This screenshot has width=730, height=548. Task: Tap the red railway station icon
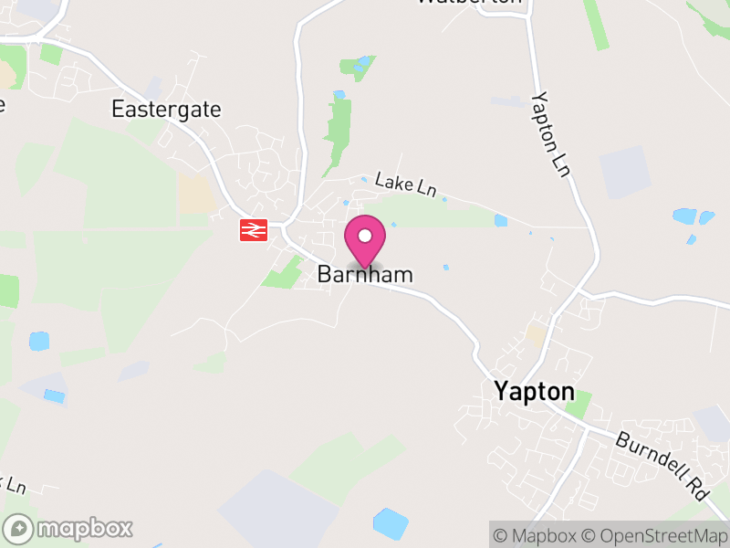(253, 229)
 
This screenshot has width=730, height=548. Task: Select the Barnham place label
(365, 274)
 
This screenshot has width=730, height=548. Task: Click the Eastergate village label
(166, 110)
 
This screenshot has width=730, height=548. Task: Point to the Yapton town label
(535, 391)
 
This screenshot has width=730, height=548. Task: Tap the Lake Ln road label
(406, 184)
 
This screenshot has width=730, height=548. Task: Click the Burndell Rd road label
(662, 465)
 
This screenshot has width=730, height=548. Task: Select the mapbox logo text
(84, 528)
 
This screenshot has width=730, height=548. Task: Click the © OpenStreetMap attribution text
(656, 534)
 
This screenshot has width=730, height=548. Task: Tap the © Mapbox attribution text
(535, 534)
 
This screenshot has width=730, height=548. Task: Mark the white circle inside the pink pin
(365, 236)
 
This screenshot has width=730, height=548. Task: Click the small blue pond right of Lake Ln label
(500, 220)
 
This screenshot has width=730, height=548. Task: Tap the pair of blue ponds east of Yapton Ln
(693, 217)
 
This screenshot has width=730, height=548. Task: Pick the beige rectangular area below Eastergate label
(195, 194)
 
